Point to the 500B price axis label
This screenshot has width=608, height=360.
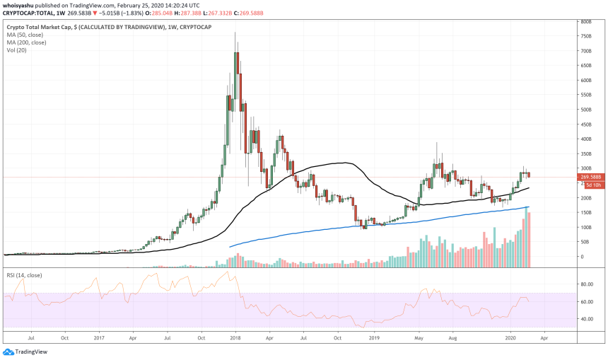tap(586, 110)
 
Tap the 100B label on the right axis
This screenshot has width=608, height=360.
tap(586, 227)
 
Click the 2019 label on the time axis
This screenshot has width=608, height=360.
tap(375, 339)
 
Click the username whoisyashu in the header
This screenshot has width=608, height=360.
tap(20, 5)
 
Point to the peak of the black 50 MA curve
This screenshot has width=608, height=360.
tap(343, 163)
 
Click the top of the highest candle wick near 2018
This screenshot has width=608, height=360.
tap(235, 33)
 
